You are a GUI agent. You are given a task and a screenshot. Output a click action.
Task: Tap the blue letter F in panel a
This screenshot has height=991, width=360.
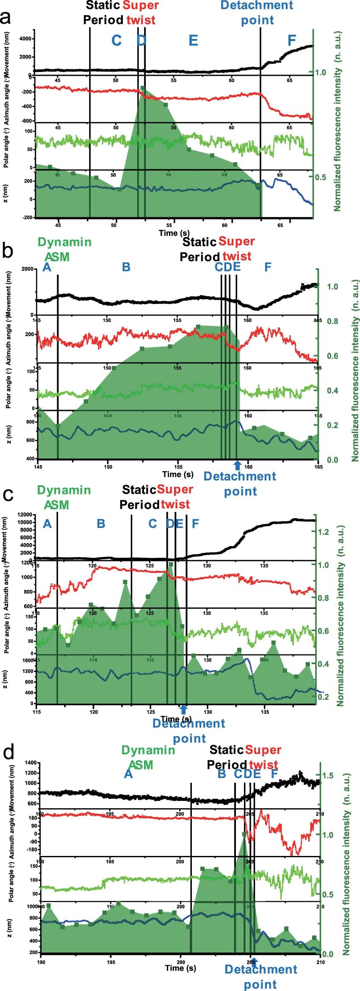(x=291, y=40)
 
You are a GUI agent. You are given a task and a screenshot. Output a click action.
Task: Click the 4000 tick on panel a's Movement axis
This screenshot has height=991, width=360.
(x=25, y=39)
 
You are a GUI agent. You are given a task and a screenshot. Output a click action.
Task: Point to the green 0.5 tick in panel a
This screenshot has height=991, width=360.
(x=321, y=177)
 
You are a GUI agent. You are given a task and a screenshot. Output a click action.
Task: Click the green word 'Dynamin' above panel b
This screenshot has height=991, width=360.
(x=64, y=242)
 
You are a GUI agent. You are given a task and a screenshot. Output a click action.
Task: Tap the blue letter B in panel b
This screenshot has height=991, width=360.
(x=126, y=267)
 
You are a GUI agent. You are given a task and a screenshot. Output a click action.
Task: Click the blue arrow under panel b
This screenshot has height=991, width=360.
(x=237, y=464)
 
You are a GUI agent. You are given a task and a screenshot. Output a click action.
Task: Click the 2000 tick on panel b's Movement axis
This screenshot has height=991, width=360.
(x=28, y=269)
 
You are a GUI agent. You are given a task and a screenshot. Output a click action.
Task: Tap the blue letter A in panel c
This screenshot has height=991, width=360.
(x=47, y=524)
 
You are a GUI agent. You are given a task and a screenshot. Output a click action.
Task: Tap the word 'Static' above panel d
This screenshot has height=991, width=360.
(x=226, y=750)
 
